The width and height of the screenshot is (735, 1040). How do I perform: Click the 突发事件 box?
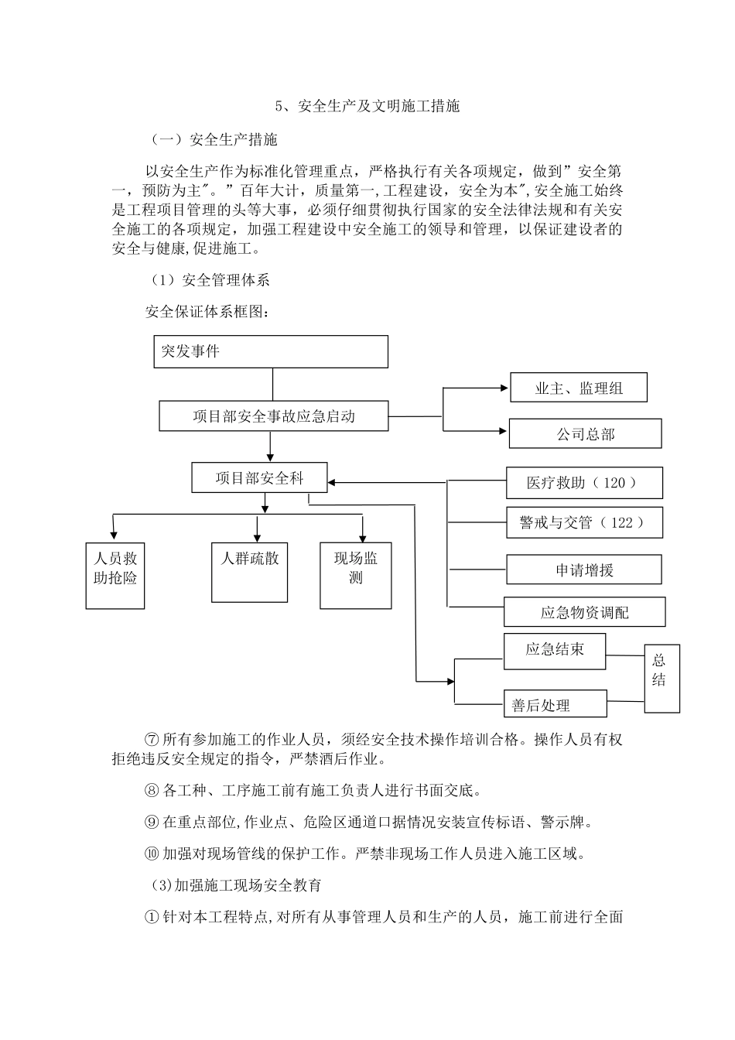(x=271, y=351)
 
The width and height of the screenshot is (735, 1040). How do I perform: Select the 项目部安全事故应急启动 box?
(x=273, y=416)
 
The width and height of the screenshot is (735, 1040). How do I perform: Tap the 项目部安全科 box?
(x=259, y=477)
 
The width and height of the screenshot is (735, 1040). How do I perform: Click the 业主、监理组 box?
(x=578, y=388)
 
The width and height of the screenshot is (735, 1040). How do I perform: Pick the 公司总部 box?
(x=585, y=433)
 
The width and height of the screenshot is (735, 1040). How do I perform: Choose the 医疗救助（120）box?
(x=583, y=482)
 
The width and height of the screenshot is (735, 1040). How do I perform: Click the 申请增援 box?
(x=583, y=570)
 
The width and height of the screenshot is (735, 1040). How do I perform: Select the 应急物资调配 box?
(x=584, y=611)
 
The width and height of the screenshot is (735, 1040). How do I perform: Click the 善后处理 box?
(x=555, y=704)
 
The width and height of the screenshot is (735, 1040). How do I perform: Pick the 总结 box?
(x=661, y=678)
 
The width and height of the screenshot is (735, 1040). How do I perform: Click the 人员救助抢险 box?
(x=115, y=576)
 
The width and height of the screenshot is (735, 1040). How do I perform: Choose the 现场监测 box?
(x=356, y=575)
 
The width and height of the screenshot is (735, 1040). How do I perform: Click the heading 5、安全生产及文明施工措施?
(x=367, y=106)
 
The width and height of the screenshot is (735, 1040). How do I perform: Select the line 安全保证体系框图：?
(x=208, y=312)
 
